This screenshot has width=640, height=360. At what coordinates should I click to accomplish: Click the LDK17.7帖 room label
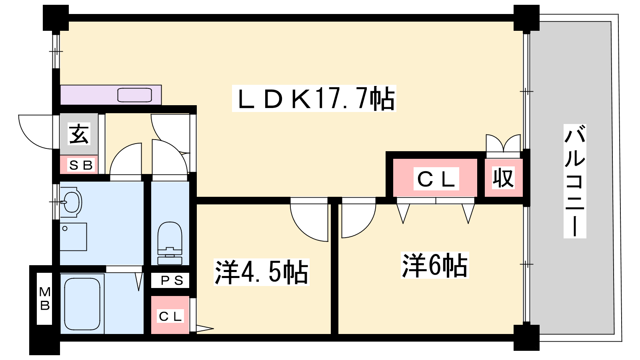click(x=314, y=98)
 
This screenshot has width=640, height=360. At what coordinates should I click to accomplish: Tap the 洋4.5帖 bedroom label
click(x=262, y=272)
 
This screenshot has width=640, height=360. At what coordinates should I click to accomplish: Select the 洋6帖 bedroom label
click(x=434, y=265)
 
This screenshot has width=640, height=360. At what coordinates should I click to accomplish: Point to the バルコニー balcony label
click(x=575, y=181)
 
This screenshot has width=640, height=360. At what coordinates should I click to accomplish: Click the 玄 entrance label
click(x=79, y=134)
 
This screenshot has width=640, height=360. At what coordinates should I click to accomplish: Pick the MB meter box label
click(x=45, y=299)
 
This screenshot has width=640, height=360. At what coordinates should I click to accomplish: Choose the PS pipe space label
click(x=172, y=280)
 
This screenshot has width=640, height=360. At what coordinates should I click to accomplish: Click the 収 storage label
click(x=503, y=178)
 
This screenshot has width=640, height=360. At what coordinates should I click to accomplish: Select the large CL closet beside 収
click(x=436, y=179)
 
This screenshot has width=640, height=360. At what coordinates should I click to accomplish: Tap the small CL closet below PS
click(x=170, y=316)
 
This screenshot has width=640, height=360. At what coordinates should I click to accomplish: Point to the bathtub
click(x=82, y=304)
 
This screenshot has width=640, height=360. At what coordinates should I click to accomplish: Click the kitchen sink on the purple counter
click(x=134, y=95)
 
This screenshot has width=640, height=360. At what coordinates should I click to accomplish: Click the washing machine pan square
click(x=73, y=236)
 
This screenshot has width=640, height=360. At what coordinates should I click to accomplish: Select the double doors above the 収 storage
click(x=503, y=144)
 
